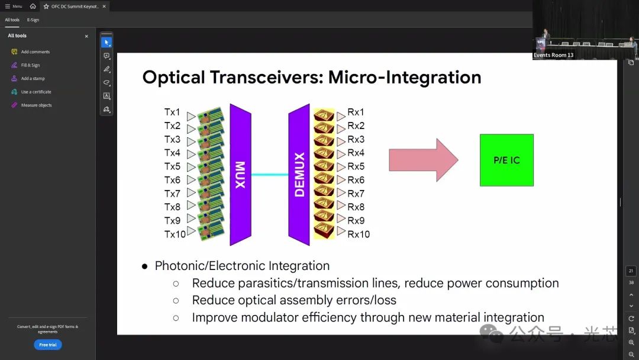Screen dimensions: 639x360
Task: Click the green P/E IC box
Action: (x=506, y=160)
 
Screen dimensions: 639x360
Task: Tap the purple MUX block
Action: (x=240, y=175)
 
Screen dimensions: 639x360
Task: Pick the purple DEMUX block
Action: (x=299, y=175)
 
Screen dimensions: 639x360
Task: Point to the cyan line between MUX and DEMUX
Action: (x=270, y=175)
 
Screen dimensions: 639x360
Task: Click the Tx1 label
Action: (x=172, y=112)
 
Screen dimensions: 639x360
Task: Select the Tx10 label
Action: (x=175, y=234)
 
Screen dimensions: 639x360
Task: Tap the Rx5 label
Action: (x=356, y=166)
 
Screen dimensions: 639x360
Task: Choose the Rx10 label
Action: (x=359, y=234)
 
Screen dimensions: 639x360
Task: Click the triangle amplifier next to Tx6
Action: (x=191, y=180)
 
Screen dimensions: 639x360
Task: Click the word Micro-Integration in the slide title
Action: (x=405, y=78)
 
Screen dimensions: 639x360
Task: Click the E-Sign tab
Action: (x=33, y=20)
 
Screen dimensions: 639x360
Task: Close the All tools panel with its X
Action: (x=86, y=36)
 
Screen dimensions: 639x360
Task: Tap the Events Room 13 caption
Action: (x=553, y=55)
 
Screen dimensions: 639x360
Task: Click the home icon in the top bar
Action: (x=33, y=6)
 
